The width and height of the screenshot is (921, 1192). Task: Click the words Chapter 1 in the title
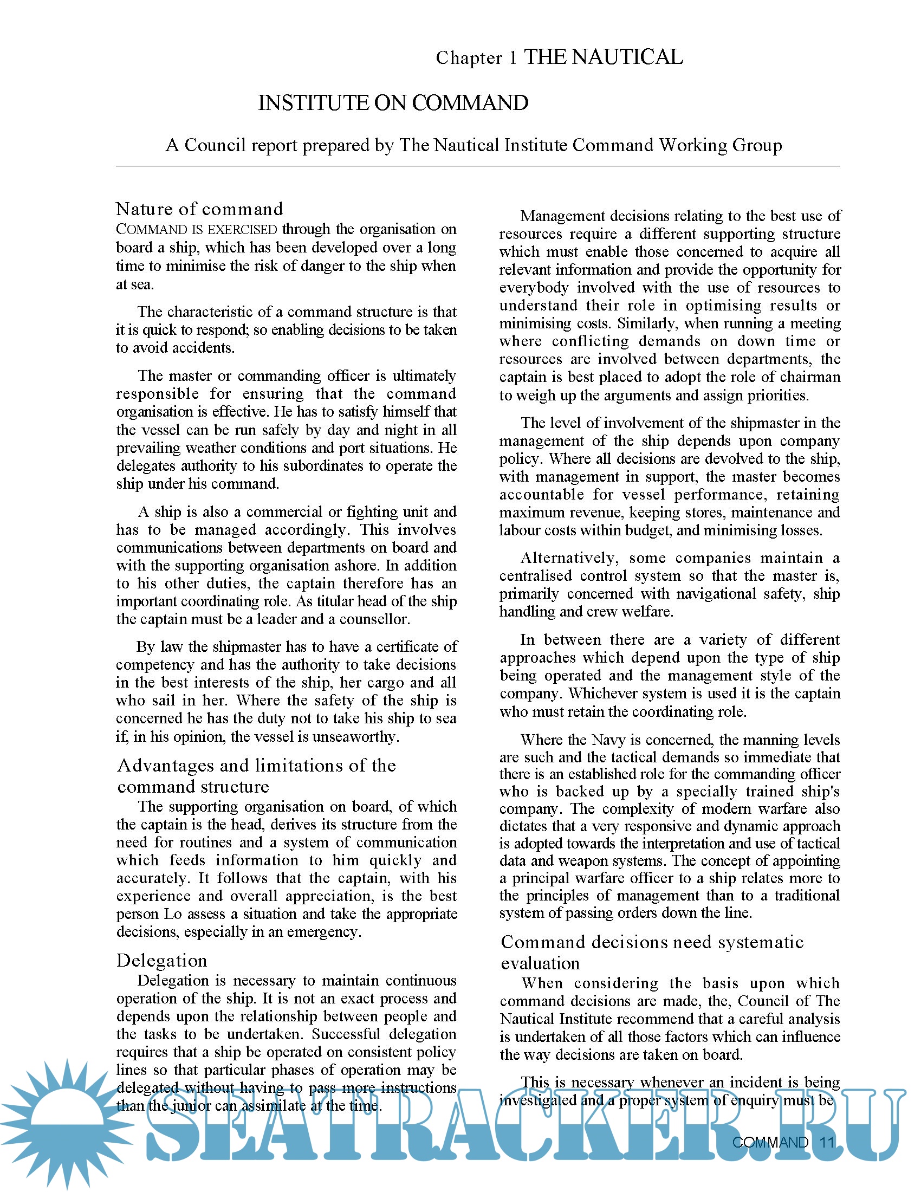[x=476, y=58]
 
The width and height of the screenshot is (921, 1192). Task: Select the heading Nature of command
[x=199, y=209]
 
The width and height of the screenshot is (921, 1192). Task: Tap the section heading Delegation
[x=161, y=960]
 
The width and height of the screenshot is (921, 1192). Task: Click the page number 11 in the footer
[x=827, y=1142]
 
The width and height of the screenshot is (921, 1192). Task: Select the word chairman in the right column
[x=810, y=377]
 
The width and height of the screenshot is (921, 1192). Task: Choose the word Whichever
[x=603, y=693]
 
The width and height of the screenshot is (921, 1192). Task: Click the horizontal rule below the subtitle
[x=477, y=166]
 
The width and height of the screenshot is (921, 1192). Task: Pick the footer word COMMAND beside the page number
[x=769, y=1142]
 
